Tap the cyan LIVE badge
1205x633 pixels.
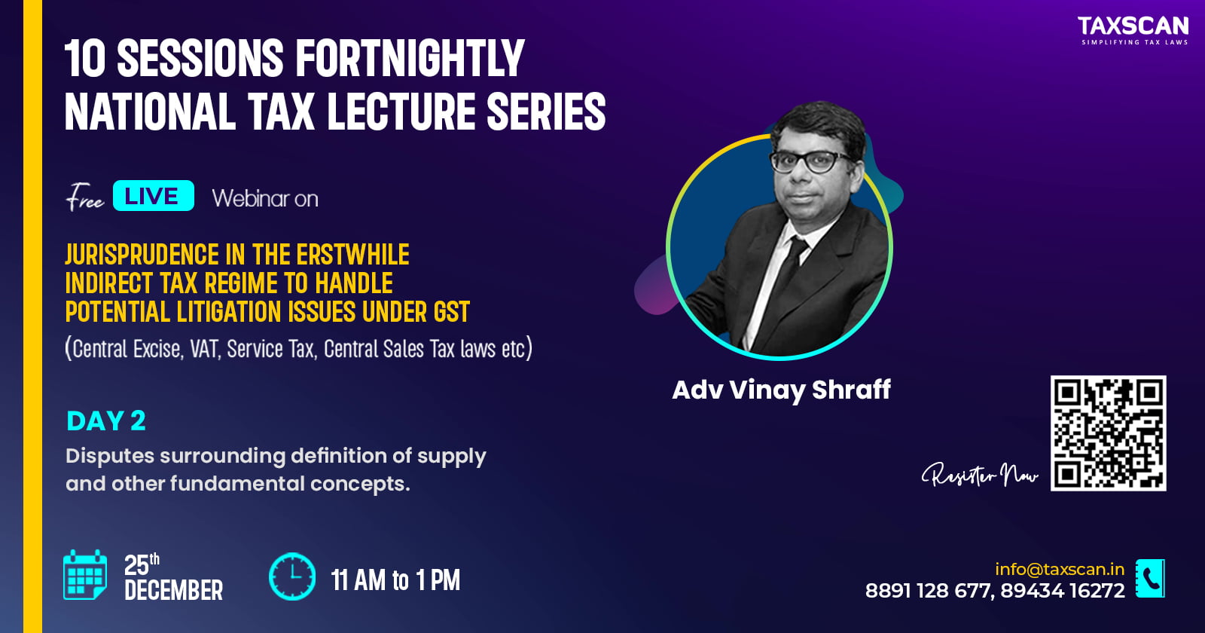(x=154, y=195)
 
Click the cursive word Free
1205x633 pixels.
(x=85, y=197)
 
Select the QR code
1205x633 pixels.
(x=1108, y=433)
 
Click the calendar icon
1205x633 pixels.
(x=85, y=574)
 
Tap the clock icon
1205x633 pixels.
(x=292, y=576)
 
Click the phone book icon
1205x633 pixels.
(x=1150, y=578)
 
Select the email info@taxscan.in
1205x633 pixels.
(x=1060, y=569)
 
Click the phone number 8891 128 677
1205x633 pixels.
(x=928, y=591)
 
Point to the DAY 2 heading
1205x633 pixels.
(x=106, y=421)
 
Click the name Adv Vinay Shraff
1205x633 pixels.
(x=781, y=390)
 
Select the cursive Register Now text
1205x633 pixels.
(x=980, y=474)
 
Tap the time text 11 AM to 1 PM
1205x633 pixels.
(x=395, y=580)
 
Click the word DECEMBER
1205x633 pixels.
(x=173, y=590)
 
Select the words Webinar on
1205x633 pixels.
(x=265, y=199)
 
